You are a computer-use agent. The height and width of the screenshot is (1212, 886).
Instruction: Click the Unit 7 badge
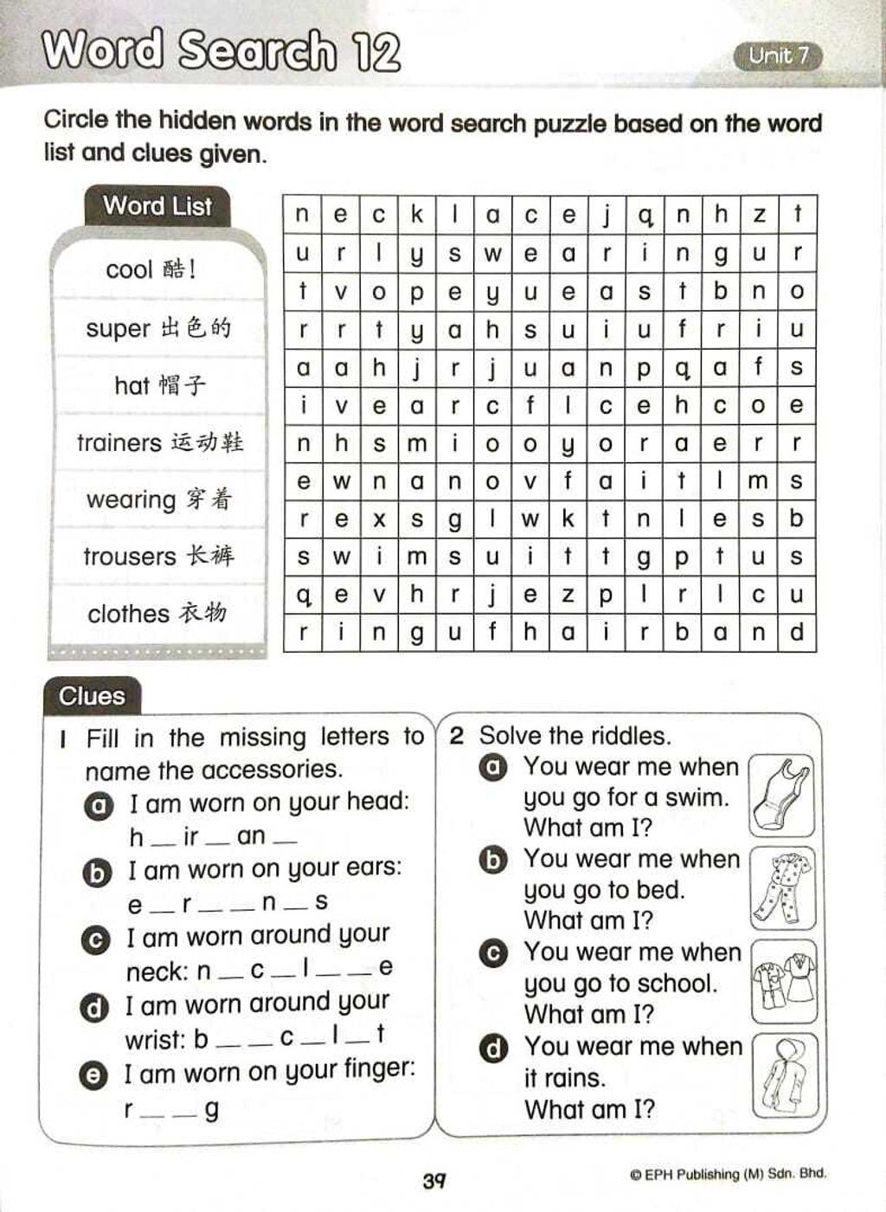778,56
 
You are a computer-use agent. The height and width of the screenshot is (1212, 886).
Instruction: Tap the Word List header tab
157,206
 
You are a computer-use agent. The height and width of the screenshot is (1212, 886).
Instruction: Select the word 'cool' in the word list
129,270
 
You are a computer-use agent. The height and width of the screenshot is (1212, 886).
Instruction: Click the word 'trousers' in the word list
129,556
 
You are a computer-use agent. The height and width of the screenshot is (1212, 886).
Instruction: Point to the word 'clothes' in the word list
128,614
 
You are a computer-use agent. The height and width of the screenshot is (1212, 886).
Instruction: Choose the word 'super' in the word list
119,329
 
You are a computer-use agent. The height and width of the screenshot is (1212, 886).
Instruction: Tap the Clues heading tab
92,696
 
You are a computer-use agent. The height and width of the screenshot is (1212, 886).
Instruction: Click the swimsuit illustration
781,795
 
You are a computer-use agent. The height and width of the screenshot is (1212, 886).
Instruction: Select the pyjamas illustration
781,887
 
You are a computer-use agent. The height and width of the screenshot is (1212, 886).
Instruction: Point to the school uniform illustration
783,981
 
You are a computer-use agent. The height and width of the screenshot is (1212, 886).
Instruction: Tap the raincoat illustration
783,1074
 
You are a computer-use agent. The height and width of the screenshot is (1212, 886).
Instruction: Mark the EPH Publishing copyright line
728,1175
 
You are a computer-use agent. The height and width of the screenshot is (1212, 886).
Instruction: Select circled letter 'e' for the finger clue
92,1075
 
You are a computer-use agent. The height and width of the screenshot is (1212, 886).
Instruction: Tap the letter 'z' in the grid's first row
759,215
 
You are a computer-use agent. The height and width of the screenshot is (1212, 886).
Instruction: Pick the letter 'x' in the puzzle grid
379,519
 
